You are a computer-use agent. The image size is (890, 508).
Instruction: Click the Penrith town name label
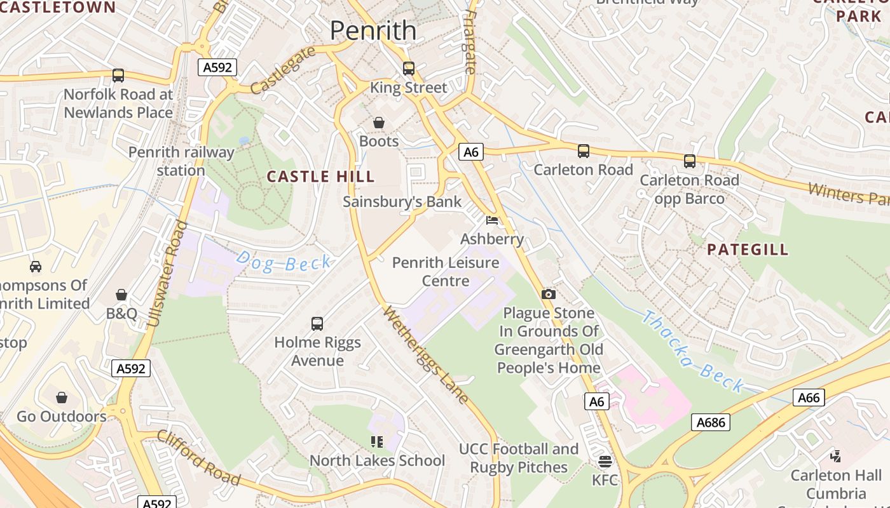[x=373, y=30]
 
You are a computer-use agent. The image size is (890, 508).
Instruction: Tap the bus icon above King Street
[x=409, y=68]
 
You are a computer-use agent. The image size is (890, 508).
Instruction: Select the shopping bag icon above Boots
[x=379, y=122]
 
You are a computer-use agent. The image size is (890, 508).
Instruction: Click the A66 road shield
[x=809, y=398]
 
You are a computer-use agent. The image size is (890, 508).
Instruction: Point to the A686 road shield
[x=711, y=422]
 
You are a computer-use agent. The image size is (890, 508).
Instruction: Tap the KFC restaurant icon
[x=605, y=461]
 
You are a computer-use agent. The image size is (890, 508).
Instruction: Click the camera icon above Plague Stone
[x=548, y=294]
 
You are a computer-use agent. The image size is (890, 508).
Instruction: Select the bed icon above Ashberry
[x=492, y=220]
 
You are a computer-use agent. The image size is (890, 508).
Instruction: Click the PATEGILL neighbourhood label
[x=748, y=250]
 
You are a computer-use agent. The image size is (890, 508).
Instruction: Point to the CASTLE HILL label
[x=320, y=177]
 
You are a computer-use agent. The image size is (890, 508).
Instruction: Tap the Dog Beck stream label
[x=284, y=262]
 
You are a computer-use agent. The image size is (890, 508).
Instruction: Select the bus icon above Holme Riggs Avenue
[x=317, y=324]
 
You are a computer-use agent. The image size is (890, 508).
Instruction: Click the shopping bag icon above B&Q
[x=121, y=295]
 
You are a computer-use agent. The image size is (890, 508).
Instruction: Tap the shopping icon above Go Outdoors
[x=62, y=398]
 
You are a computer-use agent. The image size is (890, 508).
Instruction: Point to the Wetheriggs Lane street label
[x=427, y=355]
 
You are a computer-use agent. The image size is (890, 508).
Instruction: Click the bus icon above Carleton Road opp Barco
[x=690, y=161]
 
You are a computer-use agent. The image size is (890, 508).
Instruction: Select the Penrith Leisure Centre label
[x=445, y=271]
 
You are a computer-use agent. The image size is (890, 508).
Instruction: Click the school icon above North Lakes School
[x=376, y=441]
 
